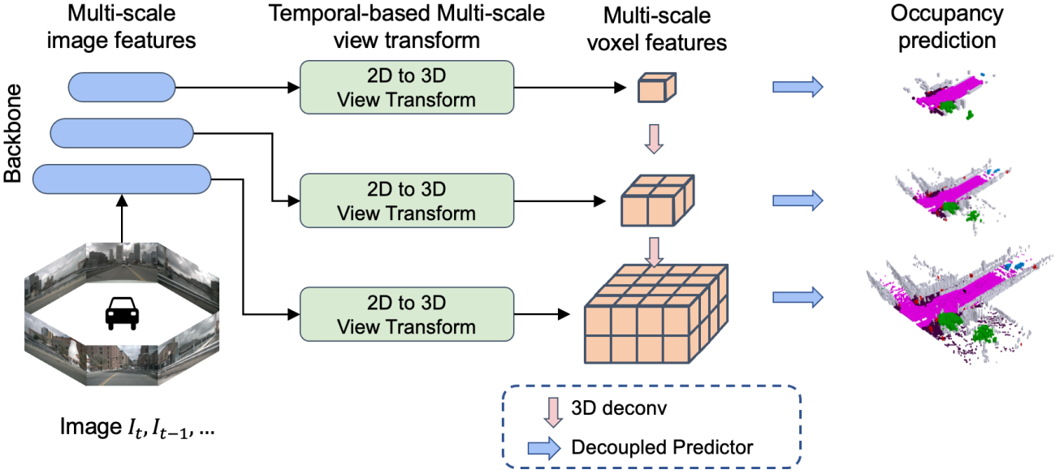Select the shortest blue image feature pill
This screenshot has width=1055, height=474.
(x=122, y=87)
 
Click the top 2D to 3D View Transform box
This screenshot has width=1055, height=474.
(x=407, y=87)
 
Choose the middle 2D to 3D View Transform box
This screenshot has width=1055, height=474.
(x=407, y=200)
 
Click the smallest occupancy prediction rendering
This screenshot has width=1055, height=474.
(x=946, y=97)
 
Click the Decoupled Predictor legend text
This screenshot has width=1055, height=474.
(x=662, y=446)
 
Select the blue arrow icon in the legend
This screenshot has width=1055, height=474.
(x=544, y=446)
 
